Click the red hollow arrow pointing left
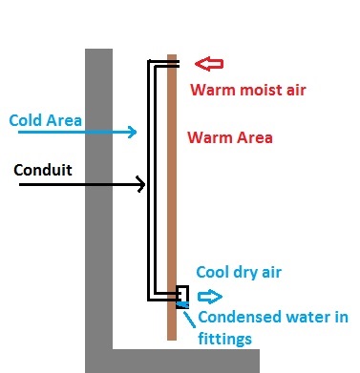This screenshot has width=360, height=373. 209,64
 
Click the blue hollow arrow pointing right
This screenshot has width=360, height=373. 210,297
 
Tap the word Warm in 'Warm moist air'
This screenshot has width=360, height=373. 213,90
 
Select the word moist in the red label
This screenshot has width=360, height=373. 262,90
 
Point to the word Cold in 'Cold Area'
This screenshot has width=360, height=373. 26,120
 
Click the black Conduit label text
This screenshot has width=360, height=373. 43,170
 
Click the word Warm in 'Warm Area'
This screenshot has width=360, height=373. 210,137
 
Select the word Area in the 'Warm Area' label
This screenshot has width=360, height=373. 254,137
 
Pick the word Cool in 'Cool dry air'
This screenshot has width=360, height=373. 213,272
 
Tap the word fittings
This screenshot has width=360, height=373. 225,339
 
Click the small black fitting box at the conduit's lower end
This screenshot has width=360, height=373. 182,297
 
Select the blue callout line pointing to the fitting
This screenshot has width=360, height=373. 189,320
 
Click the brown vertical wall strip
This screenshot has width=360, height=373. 172,197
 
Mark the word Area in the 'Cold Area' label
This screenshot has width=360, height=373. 64,120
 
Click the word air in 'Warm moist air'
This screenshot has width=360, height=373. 296,91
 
